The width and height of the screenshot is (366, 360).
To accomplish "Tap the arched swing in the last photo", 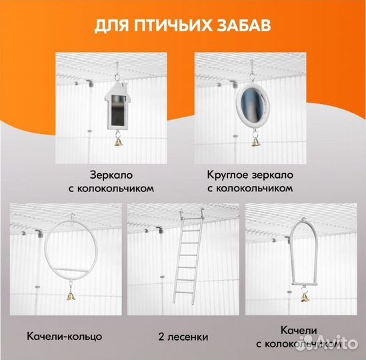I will coord(304,253).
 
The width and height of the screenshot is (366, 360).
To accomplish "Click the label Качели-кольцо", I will coord(65,335).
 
